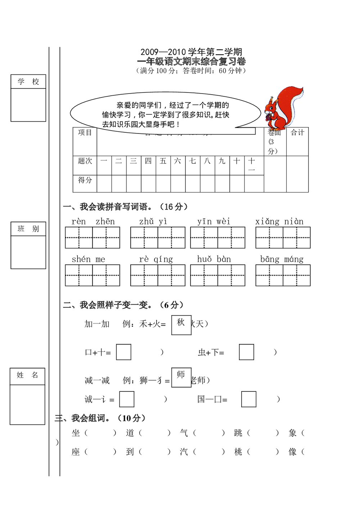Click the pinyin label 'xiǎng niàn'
[x=279, y=222]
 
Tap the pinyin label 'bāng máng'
[x=282, y=259]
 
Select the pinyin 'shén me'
[x=89, y=259]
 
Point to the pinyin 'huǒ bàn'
[x=214, y=259]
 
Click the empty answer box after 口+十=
[x=123, y=352]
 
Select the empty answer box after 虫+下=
[x=246, y=352]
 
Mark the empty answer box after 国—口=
[x=248, y=399]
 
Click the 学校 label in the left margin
[x=28, y=82]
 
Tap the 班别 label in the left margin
[x=28, y=229]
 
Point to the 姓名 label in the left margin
[x=27, y=375]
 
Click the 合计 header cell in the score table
[x=297, y=133]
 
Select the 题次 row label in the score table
[x=85, y=161]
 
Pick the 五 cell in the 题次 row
[x=163, y=161]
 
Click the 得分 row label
[x=85, y=180]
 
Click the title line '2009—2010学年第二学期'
[x=191, y=52]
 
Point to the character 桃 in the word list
[x=238, y=452]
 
